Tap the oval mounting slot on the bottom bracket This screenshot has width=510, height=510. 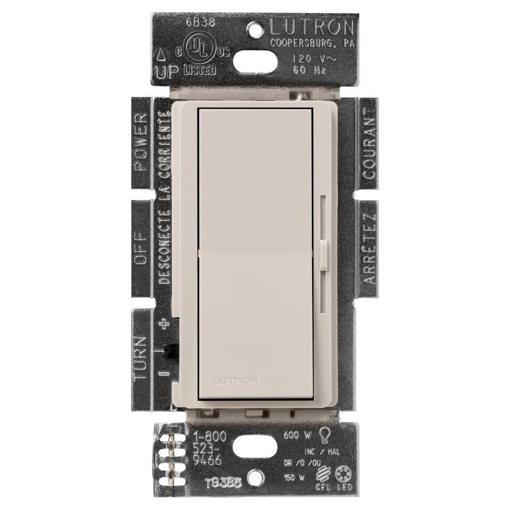click(x=256, y=447)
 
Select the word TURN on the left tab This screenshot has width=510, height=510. click(x=141, y=358)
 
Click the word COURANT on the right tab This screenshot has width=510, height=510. click(x=369, y=145)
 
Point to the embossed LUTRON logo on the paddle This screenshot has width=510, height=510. click(x=236, y=380)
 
